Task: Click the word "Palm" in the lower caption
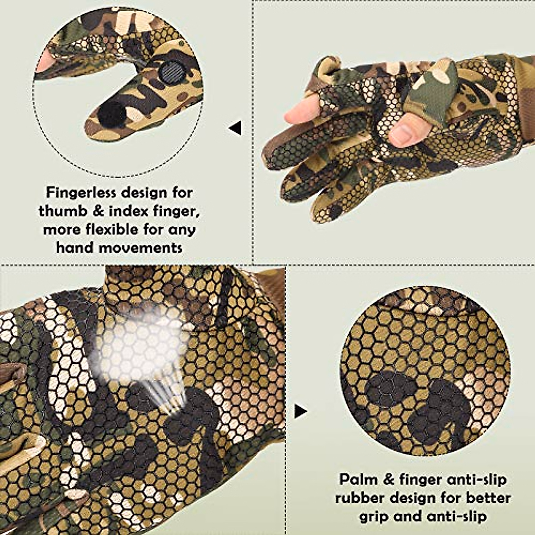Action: [x=358, y=480]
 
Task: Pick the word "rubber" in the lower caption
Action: [x=361, y=498]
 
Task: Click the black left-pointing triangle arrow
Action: [x=235, y=128]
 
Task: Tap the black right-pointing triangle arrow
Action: [x=300, y=412]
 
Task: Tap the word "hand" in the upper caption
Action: [x=75, y=247]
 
